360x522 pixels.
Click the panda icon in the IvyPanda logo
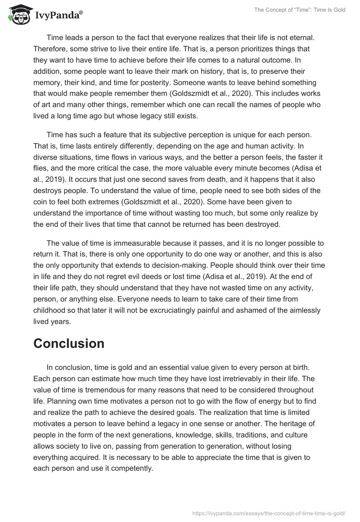(18, 16)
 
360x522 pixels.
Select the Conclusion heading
(69, 343)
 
